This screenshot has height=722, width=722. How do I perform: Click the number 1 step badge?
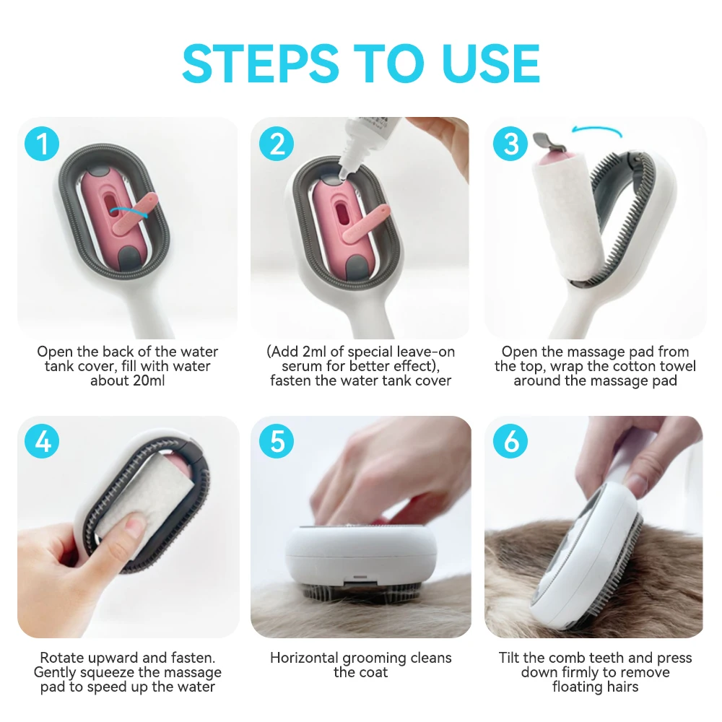pyautogui.click(x=43, y=144)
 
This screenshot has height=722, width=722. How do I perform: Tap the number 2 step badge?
pyautogui.click(x=277, y=144)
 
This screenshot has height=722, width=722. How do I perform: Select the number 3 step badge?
pyautogui.click(x=511, y=144)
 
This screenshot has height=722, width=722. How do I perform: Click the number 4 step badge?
pyautogui.click(x=43, y=441)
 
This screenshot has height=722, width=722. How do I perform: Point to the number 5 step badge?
pyautogui.click(x=277, y=441)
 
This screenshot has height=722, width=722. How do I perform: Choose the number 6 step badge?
pyautogui.click(x=511, y=441)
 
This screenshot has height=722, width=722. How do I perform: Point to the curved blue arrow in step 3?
pyautogui.click(x=596, y=131)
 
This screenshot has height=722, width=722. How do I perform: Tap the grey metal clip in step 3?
pyautogui.click(x=542, y=139)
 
